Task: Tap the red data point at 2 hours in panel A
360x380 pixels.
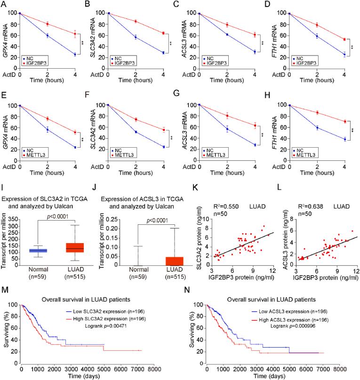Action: pos(48,24)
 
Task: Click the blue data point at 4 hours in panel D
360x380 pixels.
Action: pos(344,55)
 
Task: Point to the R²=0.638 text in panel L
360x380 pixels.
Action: pos(301,192)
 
